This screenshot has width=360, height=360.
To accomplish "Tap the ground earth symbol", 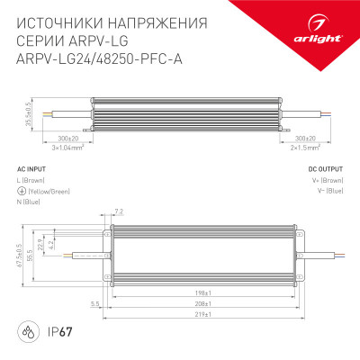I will pos(22,190).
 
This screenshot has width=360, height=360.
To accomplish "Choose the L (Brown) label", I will pos(33,179).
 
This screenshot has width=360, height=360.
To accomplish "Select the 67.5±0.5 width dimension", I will pos(19,256).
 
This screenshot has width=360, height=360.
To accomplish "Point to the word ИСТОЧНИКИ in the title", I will pos(57,21).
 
